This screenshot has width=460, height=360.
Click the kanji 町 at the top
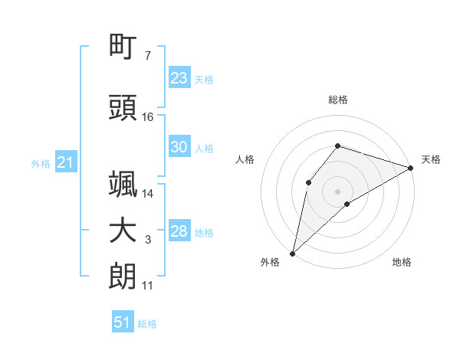pos(123,46)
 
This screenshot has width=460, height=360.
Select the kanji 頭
pos(123,107)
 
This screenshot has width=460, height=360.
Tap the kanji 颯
pos(123,184)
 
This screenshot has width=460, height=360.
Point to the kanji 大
pos(123,231)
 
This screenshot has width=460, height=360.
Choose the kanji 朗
pos(123,277)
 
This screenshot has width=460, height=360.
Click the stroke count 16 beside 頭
pos(147,117)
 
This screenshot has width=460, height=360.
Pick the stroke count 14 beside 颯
pos(147,194)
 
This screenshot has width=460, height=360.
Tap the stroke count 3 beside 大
pos(148,240)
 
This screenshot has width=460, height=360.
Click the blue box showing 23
pos(179,77)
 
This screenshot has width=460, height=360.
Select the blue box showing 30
pos(179,146)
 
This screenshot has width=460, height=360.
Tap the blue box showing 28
pos(179,230)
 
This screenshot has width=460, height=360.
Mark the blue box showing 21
pos(66,162)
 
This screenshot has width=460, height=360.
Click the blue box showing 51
pos(123,321)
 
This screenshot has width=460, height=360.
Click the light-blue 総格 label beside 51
pos(147,324)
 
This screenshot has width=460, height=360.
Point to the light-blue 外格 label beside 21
pos(41,164)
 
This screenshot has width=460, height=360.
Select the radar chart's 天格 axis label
pos(431,159)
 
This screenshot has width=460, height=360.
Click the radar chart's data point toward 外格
pos(293,254)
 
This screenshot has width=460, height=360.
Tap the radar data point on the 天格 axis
pos(411,168)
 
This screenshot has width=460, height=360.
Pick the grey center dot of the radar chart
pos(337,191)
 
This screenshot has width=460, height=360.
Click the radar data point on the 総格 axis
pos(337,146)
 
